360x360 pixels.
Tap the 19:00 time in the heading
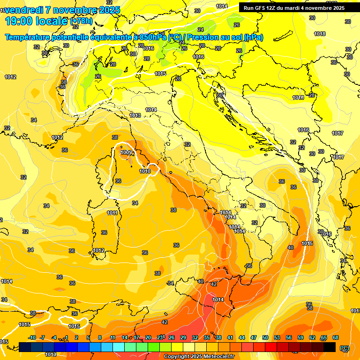point(18,21)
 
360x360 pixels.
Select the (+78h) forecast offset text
point(81,22)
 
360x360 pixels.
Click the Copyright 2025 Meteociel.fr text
point(199,357)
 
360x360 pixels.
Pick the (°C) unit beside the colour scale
point(345,347)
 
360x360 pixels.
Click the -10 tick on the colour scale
point(32,337)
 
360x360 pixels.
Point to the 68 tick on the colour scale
point(336,337)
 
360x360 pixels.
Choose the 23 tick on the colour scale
point(160,337)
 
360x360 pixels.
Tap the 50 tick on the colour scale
point(265,337)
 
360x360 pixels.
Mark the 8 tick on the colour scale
point(100,337)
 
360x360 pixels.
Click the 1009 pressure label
point(126,153)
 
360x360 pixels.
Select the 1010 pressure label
point(145,171)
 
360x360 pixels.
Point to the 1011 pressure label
point(112,213)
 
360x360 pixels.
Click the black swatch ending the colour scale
point(330,347)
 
